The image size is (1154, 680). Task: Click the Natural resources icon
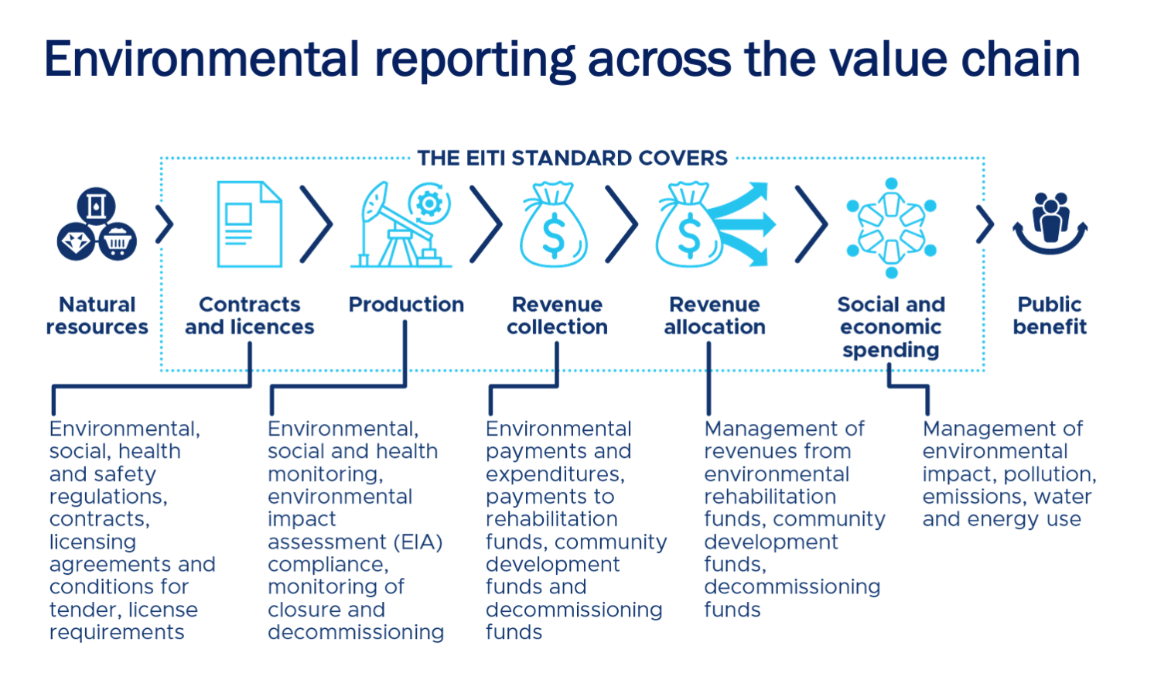(97, 224)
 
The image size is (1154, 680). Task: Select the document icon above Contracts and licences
(249, 224)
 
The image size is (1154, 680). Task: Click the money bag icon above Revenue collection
(554, 225)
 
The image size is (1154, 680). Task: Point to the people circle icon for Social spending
(891, 227)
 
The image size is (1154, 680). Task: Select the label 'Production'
(406, 305)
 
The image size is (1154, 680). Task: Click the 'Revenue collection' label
(557, 316)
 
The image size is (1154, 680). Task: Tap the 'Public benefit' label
(1050, 316)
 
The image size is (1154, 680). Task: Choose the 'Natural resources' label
(97, 316)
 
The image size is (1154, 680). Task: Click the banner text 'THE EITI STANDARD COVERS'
(572, 159)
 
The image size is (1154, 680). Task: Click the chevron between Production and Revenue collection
(486, 224)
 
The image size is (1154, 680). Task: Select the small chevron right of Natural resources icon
(164, 224)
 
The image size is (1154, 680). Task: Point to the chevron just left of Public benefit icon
(985, 224)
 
